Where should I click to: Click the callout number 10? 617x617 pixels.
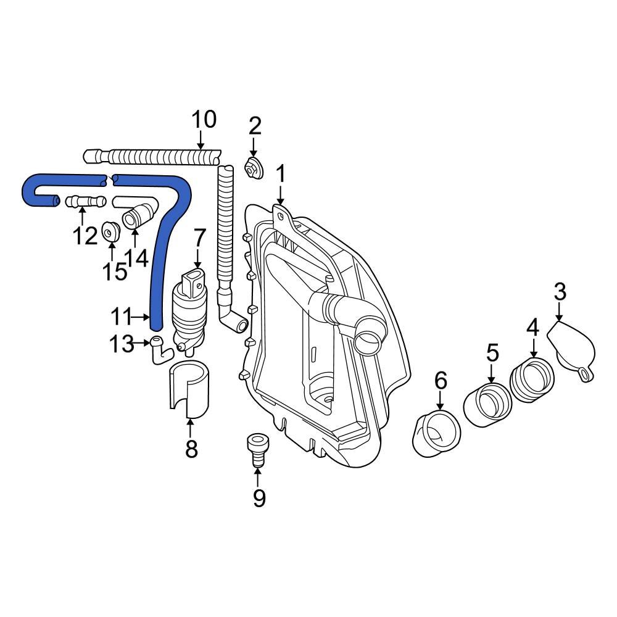[204, 119]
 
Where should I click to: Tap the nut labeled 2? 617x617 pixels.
[253, 168]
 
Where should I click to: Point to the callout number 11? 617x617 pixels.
[122, 317]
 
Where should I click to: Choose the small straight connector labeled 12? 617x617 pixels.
[81, 201]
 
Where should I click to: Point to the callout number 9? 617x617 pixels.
[257, 497]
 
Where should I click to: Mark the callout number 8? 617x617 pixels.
[191, 449]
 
